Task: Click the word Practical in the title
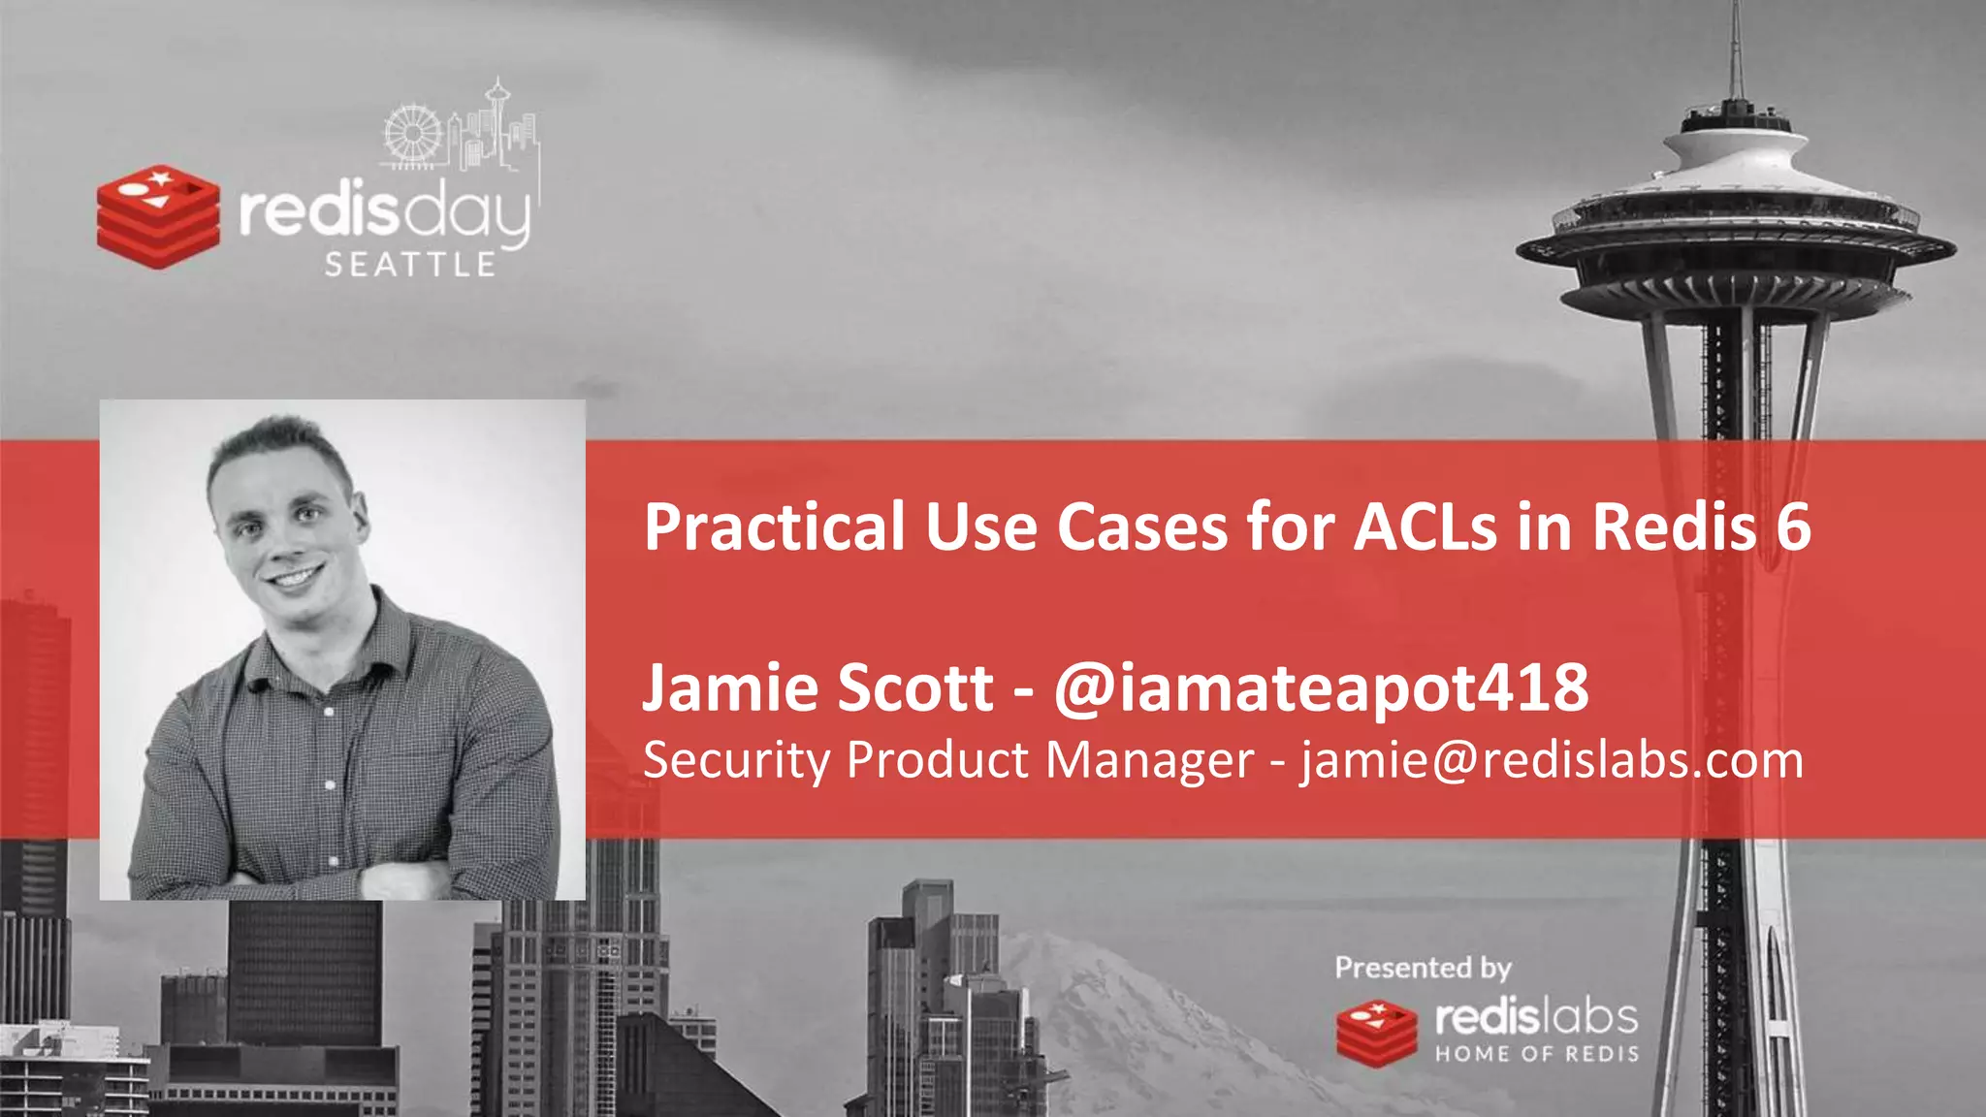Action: (x=774, y=528)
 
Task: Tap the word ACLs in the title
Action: (x=1425, y=528)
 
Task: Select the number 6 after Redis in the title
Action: (x=1794, y=528)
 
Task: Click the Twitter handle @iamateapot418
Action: (x=1321, y=687)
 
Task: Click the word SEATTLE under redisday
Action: (x=410, y=265)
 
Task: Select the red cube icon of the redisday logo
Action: (x=157, y=215)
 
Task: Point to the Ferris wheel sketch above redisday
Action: (x=412, y=134)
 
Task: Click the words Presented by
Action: (x=1423, y=968)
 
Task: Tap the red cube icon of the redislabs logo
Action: (x=1376, y=1034)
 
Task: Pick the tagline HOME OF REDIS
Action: (x=1537, y=1054)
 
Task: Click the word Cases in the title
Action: (x=1141, y=528)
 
